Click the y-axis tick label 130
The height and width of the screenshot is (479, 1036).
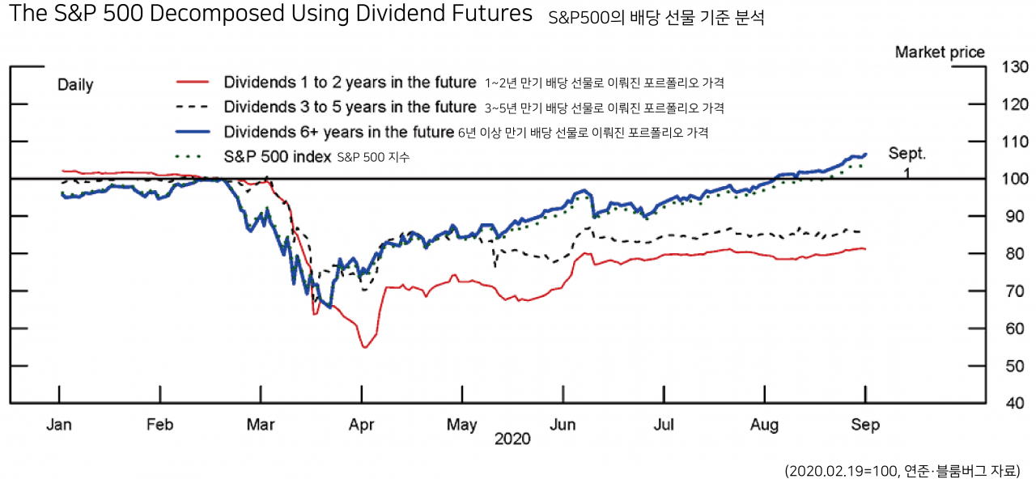[x=1015, y=67]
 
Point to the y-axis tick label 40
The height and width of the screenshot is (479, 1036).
[x=1015, y=403]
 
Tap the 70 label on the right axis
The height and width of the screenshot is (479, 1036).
[x=1015, y=291]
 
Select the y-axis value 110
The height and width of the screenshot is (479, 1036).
[x=1015, y=142]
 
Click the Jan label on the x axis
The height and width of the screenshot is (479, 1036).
[x=59, y=425]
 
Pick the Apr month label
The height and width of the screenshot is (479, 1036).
[x=361, y=425]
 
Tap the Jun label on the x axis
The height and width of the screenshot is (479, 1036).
[x=563, y=425]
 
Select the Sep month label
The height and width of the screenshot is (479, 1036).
[x=865, y=425]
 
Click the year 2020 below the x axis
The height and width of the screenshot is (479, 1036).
[x=512, y=439]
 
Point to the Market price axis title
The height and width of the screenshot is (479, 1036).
[x=940, y=53]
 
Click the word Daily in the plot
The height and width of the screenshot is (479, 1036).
[x=75, y=85]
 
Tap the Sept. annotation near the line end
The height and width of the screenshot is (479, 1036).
[x=907, y=154]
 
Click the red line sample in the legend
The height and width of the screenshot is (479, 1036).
[x=193, y=83]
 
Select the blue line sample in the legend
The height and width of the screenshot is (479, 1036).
[x=193, y=132]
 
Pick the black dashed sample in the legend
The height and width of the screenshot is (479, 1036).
[x=193, y=108]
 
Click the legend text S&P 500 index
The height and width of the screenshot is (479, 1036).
[x=278, y=157]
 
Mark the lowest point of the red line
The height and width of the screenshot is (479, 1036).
[x=365, y=347]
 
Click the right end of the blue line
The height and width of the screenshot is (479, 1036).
[x=866, y=155]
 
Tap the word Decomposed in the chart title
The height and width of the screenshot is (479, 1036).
[x=217, y=14]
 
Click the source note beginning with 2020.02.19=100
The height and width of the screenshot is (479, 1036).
[x=902, y=471]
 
